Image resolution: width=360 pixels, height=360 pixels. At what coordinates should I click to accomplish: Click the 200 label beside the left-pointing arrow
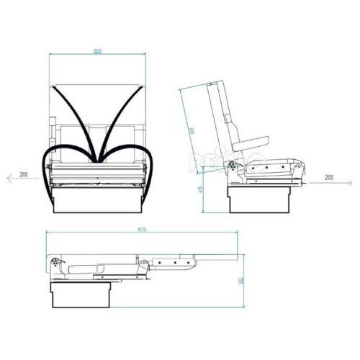(x=24, y=175)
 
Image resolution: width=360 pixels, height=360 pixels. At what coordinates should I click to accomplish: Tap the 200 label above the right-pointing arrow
(x=329, y=177)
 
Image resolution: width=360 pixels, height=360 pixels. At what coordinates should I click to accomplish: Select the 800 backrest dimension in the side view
(x=192, y=131)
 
